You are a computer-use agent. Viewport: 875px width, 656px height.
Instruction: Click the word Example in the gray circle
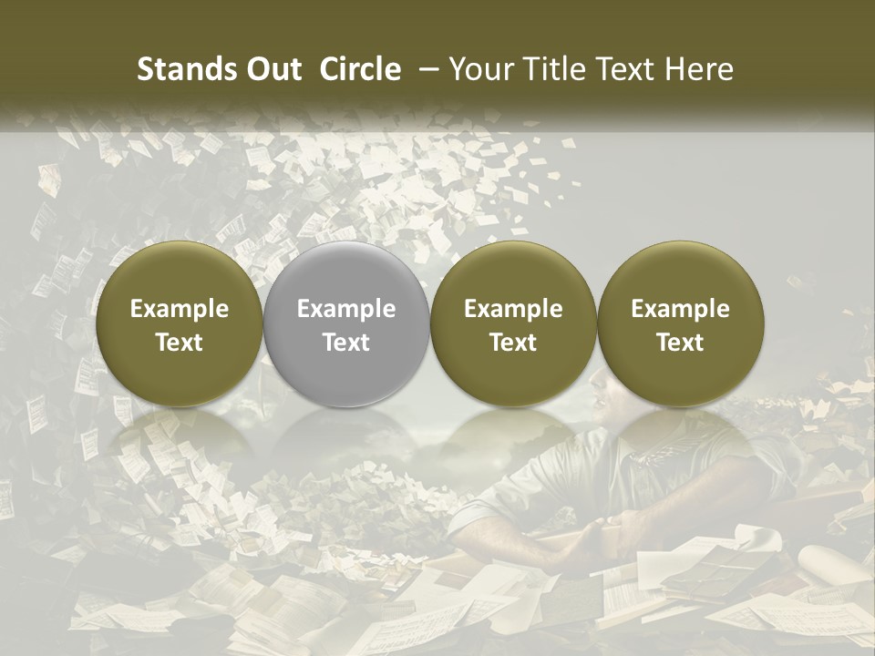point(346,309)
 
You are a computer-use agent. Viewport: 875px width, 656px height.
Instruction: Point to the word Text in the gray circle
point(346,343)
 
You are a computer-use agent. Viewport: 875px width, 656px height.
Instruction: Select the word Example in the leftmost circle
point(180,309)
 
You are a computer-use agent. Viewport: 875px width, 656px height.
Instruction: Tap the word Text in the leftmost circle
point(180,343)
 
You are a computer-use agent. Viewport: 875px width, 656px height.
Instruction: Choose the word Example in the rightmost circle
point(681,309)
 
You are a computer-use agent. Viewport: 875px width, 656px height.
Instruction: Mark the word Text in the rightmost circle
point(681,343)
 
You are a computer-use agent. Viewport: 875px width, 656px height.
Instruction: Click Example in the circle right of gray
point(513,309)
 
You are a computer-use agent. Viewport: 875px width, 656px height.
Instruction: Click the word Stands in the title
point(182,69)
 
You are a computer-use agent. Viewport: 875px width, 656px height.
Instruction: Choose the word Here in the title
point(701,69)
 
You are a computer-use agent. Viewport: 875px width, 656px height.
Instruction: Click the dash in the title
point(427,69)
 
